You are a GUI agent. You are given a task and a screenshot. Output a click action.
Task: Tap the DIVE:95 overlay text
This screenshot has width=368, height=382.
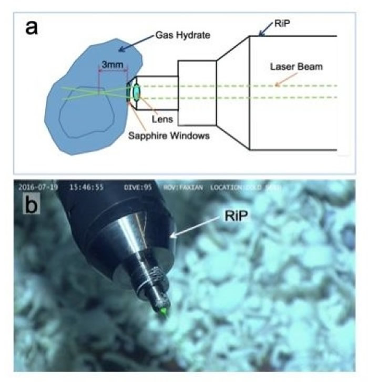[x=139, y=187]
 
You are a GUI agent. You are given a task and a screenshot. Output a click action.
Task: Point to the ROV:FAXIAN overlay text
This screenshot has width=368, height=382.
[x=183, y=187]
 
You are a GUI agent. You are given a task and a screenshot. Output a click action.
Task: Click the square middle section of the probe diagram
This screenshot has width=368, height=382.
[x=197, y=93]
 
